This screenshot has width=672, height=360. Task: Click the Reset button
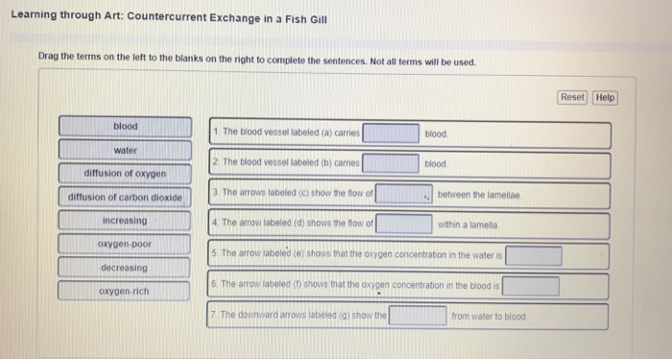(572, 98)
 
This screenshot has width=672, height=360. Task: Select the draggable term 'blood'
(126, 127)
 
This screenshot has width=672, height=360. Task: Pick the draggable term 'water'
(126, 151)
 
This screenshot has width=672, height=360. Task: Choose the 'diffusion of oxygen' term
(126, 174)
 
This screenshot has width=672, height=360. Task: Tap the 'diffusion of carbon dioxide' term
(126, 197)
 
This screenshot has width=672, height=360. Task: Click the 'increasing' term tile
(126, 221)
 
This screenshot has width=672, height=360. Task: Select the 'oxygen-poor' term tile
(126, 244)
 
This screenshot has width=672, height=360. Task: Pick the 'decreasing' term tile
(126, 267)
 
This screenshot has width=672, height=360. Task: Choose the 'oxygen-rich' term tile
(126, 291)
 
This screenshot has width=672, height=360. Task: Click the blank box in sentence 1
(391, 133)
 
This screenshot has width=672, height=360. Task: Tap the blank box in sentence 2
(390, 163)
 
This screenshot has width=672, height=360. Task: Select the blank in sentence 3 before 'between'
(404, 194)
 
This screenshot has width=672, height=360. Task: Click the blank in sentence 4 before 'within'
(404, 225)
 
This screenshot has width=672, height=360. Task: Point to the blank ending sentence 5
(535, 255)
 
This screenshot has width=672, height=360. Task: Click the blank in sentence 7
(418, 316)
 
